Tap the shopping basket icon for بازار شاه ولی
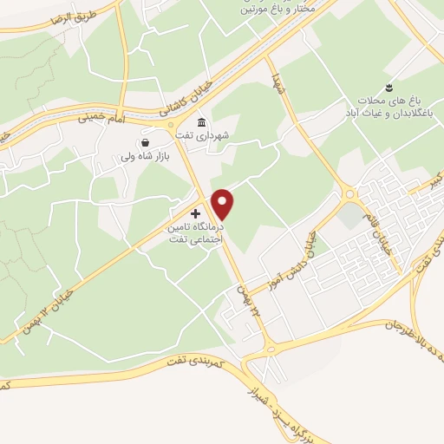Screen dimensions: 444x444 144,143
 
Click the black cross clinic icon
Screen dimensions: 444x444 195,212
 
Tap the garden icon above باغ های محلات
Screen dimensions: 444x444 389,86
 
